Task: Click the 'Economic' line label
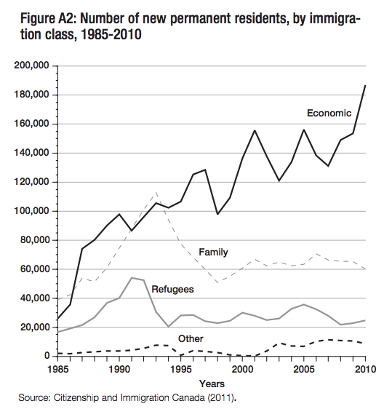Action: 329,113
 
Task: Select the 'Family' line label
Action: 213,253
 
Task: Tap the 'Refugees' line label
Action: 172,289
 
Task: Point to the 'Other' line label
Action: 191,338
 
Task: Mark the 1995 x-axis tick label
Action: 180,369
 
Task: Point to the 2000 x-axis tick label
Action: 242,369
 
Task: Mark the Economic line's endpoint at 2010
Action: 365,86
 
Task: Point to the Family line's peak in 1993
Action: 156,193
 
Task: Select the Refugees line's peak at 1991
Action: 132,277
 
